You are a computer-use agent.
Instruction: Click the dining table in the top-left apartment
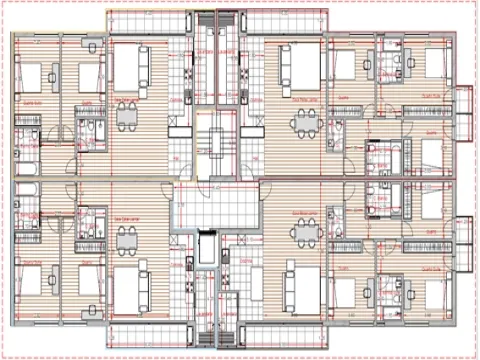pos(127,117)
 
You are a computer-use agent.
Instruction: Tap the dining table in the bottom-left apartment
pos(127,238)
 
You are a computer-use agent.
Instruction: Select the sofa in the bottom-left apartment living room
pos(127,287)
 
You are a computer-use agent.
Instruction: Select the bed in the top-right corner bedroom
pos(433,64)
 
